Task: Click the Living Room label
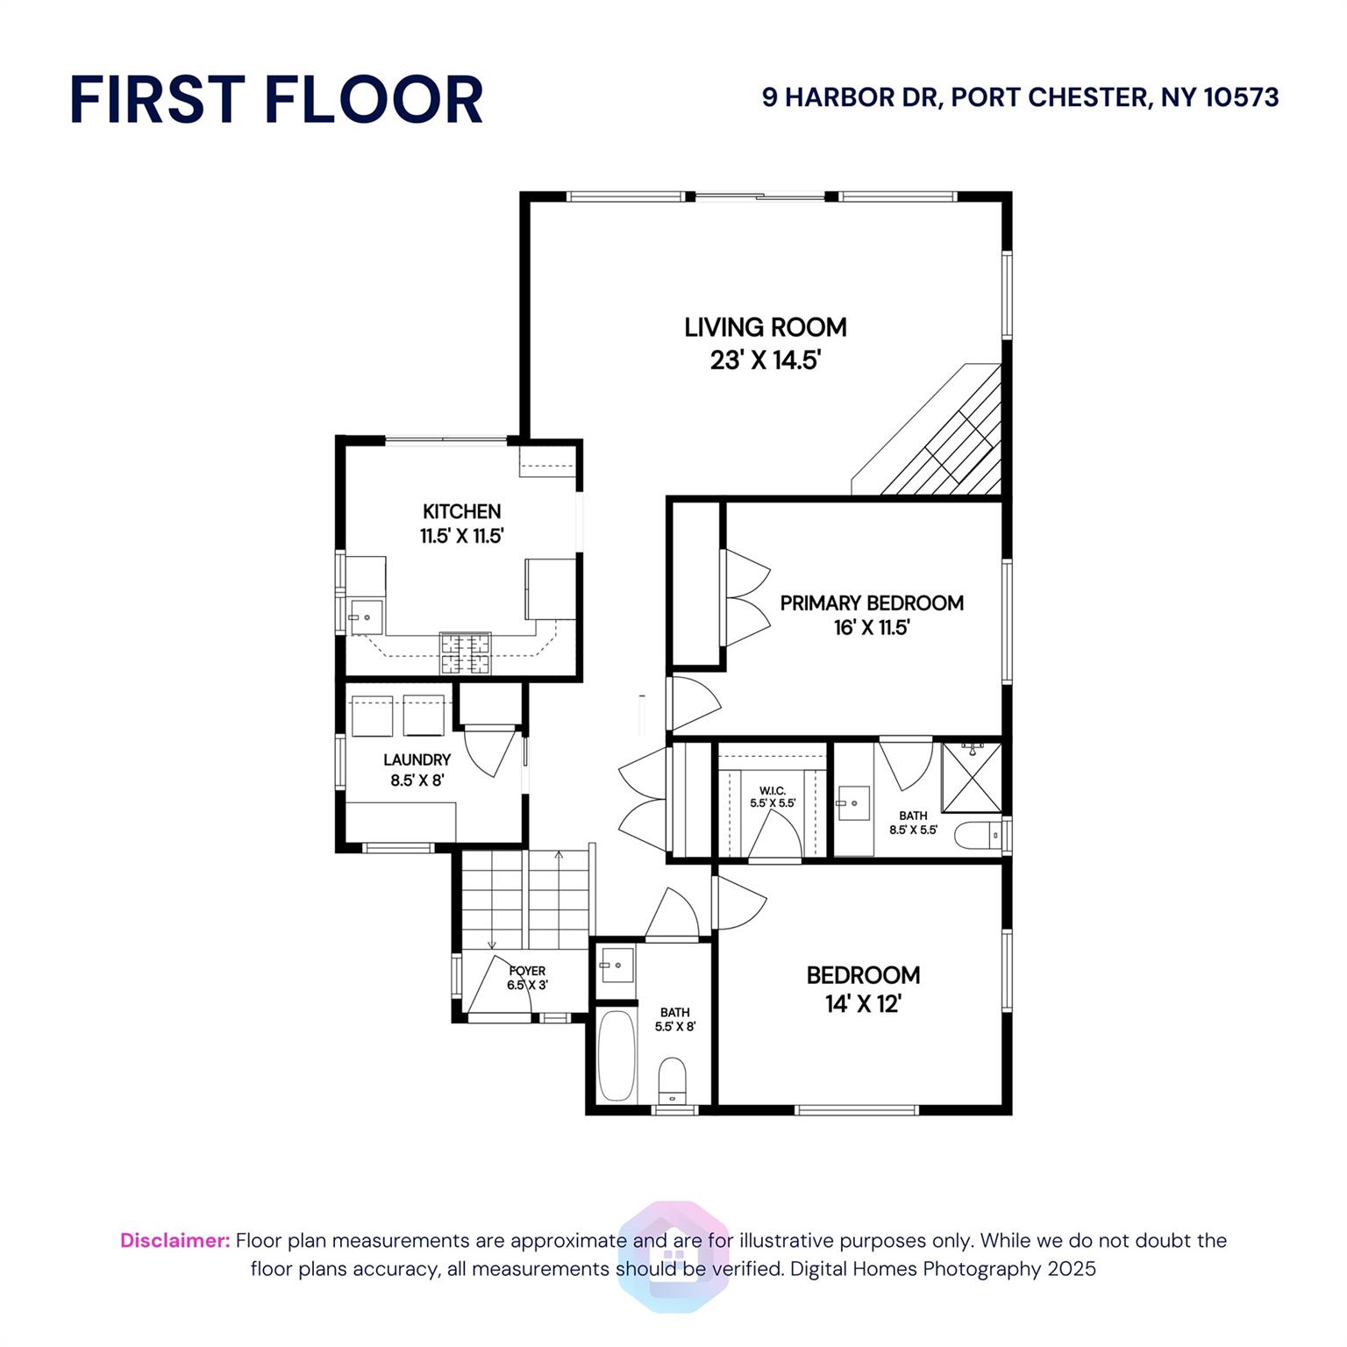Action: pyautogui.click(x=766, y=328)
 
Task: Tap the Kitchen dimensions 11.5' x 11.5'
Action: pyautogui.click(x=462, y=537)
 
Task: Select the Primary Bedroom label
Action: pyautogui.click(x=872, y=603)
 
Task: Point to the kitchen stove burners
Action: pyautogui.click(x=466, y=653)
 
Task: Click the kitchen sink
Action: pyautogui.click(x=367, y=617)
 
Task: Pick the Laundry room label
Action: pyautogui.click(x=417, y=760)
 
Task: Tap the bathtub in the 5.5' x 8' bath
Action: pyautogui.click(x=616, y=1056)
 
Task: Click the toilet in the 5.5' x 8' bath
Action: pyautogui.click(x=673, y=1080)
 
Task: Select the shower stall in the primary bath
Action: pyautogui.click(x=972, y=777)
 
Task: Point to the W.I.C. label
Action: pyautogui.click(x=773, y=791)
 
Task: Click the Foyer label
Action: pyautogui.click(x=527, y=971)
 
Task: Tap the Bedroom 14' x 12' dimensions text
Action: pyautogui.click(x=864, y=1004)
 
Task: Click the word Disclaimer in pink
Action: pyautogui.click(x=175, y=1241)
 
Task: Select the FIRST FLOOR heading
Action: pyautogui.click(x=276, y=99)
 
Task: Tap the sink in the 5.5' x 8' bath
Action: pyautogui.click(x=616, y=965)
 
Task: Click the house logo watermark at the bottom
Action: pyautogui.click(x=673, y=1257)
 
